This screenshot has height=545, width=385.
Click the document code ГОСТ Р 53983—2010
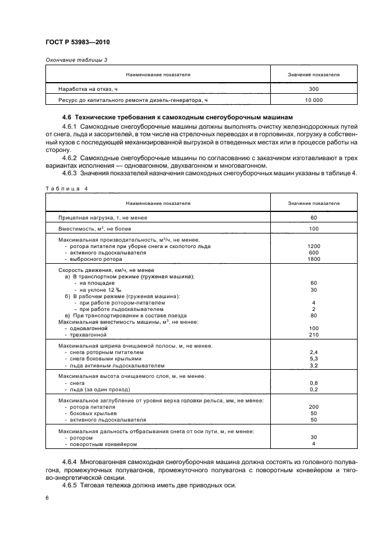[77, 43]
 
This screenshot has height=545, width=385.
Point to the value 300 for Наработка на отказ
[313, 89]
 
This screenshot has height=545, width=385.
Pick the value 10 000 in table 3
[313, 100]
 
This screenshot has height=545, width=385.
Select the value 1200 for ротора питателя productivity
[313, 246]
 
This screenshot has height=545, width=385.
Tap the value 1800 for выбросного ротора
[313, 259]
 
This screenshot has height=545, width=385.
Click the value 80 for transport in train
[313, 315]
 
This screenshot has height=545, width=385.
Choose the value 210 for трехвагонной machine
[313, 335]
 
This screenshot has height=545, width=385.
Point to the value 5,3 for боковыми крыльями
[313, 359]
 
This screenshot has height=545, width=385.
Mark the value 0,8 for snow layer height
[313, 383]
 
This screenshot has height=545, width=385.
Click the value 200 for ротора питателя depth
[313, 407]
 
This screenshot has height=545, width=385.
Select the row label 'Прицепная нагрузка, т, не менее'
[103, 217]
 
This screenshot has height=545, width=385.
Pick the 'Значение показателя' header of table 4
[313, 203]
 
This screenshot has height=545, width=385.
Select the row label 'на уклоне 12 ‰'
[94, 290]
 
